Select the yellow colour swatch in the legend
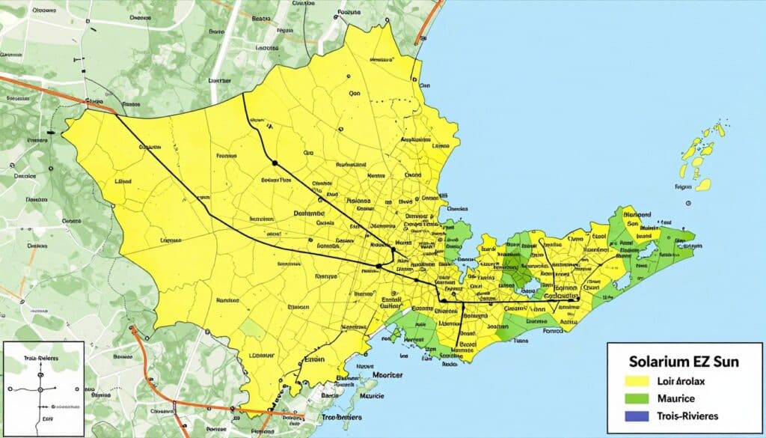pyautogui.click(x=633, y=380)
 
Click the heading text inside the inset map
pyautogui.click(x=41, y=358)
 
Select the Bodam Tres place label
pyautogui.click(x=275, y=180)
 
